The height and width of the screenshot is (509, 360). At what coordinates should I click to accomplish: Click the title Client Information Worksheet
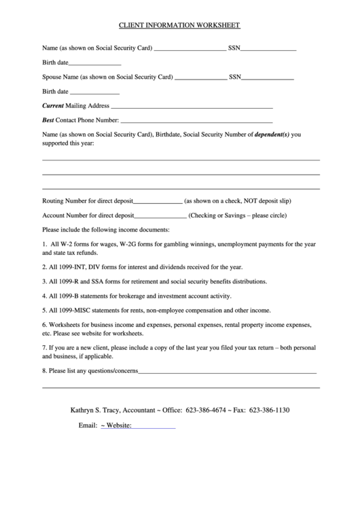[179, 25]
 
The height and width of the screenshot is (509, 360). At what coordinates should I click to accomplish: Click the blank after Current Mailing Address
[192, 106]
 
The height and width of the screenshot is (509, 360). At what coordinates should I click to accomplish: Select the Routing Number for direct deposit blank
[158, 202]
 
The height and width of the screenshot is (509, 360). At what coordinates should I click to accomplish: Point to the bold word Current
[52, 106]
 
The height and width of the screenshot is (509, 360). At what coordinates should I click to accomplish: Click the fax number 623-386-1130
[270, 410]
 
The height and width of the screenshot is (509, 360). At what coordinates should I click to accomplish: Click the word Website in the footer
[118, 426]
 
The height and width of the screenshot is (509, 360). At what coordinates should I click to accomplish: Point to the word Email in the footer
[88, 426]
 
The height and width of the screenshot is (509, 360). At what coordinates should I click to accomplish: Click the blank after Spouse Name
[201, 77]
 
